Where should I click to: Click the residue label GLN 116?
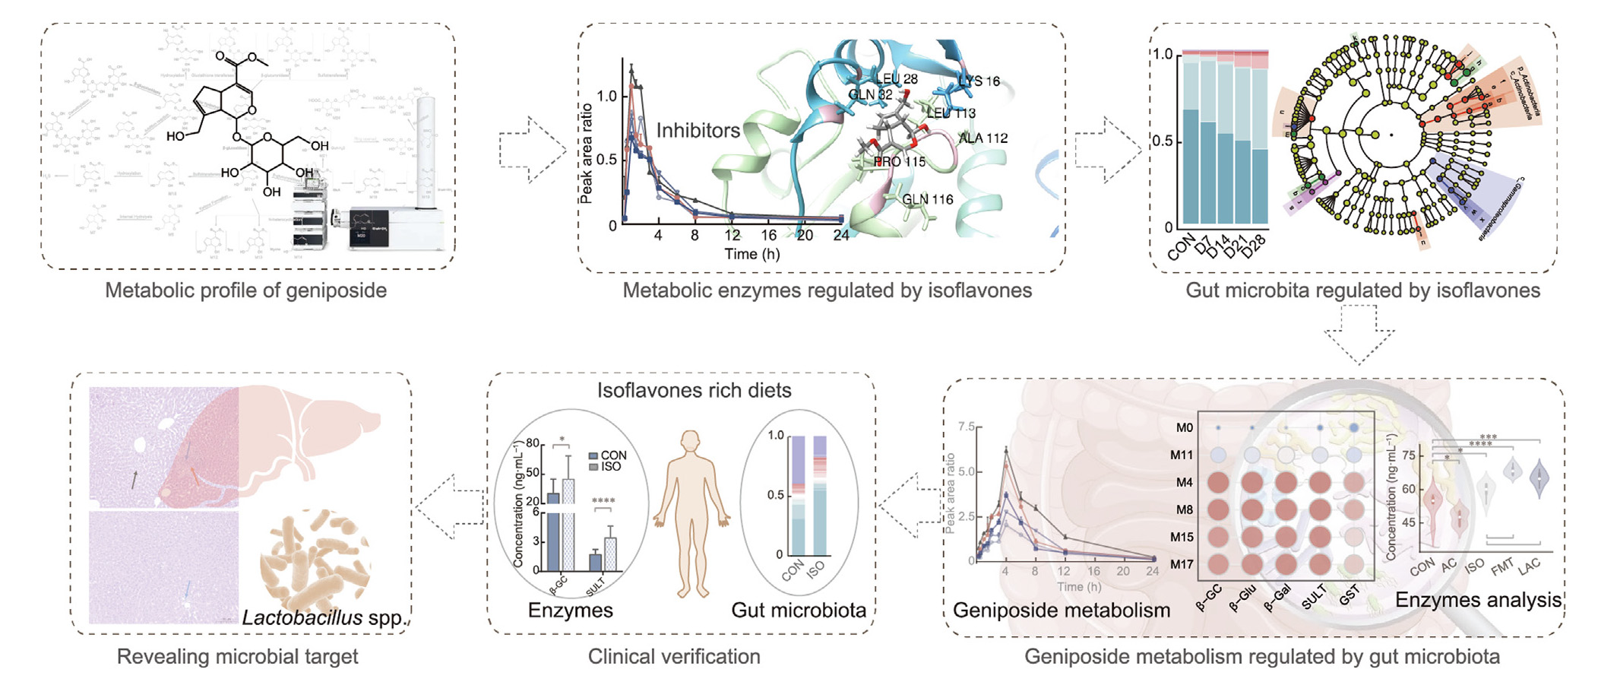coord(927,200)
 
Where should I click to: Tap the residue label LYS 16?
coord(979,81)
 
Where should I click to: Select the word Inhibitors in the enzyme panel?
coord(698,131)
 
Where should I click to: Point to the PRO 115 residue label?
coord(900,162)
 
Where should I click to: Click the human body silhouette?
coord(691,513)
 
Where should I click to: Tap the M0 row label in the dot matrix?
coord(1184,428)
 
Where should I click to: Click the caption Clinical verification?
coord(673,657)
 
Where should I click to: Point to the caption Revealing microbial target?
coord(237,657)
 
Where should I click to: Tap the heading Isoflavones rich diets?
coord(694,391)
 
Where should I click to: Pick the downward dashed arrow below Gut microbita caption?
coord(1359,335)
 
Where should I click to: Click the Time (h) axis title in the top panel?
coord(752,254)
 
